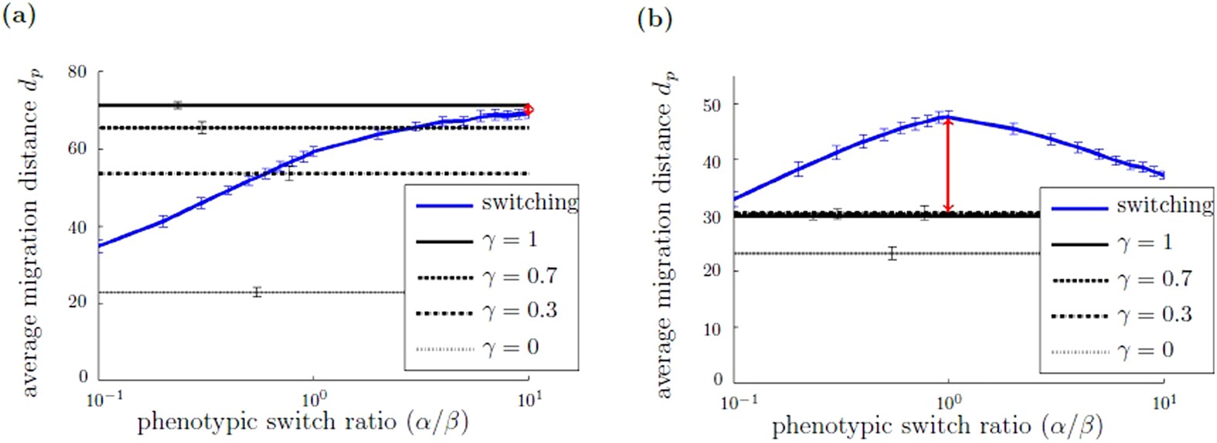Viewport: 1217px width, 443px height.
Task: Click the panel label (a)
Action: point(19,17)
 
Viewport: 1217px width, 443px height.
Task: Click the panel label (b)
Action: point(654,19)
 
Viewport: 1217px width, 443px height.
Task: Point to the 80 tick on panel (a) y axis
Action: point(77,72)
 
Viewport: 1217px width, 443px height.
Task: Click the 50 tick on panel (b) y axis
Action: point(712,104)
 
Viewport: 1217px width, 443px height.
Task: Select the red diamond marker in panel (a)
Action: point(529,110)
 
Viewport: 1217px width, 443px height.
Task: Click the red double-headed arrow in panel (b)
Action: point(949,165)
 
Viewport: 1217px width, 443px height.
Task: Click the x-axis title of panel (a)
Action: point(302,424)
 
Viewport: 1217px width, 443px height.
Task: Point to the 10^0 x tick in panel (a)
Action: point(314,401)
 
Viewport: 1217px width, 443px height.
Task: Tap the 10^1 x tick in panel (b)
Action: point(1164,402)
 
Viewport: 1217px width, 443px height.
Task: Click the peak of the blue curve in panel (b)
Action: point(947,117)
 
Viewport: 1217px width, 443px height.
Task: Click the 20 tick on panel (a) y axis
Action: point(77,301)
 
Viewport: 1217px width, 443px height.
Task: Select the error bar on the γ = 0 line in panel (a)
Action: point(257,292)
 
